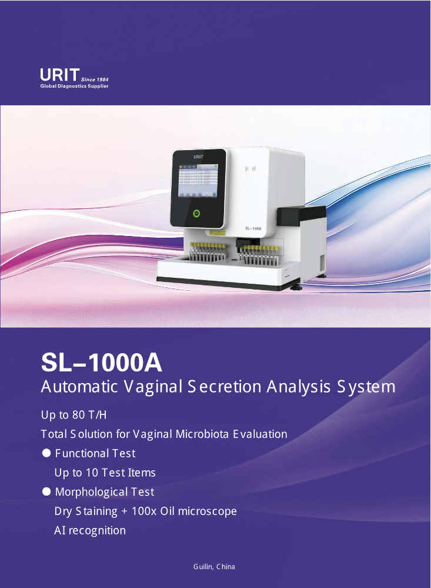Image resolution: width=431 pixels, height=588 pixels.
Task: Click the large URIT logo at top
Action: point(60,75)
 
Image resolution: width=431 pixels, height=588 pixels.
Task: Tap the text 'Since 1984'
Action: point(95,79)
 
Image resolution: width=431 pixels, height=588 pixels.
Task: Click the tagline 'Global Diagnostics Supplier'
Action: point(74,87)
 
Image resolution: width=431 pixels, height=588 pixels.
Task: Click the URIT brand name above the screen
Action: point(198,157)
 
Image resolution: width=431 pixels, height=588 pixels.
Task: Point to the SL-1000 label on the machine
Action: point(253,228)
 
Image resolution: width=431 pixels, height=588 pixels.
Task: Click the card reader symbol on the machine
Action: point(250,169)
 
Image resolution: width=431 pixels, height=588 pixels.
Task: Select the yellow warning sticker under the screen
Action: point(218,233)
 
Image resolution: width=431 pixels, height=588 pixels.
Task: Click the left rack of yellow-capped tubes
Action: point(208,252)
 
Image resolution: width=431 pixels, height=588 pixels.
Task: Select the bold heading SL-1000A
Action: point(101,363)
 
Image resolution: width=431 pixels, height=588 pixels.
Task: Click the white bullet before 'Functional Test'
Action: point(46,453)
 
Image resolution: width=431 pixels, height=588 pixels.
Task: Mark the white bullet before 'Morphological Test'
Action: point(46,491)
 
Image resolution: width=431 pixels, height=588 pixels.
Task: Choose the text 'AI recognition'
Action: point(90,531)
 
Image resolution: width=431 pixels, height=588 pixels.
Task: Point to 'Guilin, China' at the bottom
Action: point(214,567)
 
